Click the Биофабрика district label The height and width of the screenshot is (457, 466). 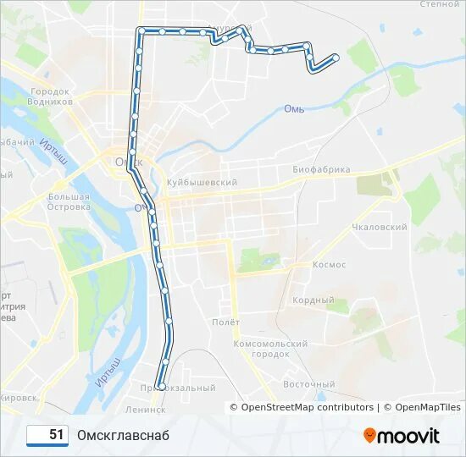321,169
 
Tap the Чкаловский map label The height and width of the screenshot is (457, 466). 380,227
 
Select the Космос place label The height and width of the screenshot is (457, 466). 329,265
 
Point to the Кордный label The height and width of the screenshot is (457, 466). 313,300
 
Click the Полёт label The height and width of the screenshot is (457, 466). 226,322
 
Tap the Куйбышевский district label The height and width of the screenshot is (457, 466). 201,182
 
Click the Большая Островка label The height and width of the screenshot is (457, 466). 69,201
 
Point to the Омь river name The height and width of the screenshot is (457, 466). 294,108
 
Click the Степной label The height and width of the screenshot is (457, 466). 439,4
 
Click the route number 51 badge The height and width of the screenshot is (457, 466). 48,435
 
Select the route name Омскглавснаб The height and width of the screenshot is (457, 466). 123,435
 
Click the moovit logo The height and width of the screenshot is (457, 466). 402,436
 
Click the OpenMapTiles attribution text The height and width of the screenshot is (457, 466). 420,407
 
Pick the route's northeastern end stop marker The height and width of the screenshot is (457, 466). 336,58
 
